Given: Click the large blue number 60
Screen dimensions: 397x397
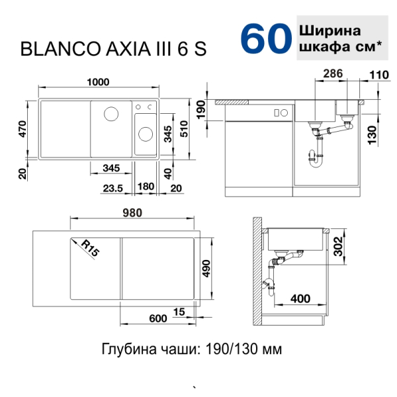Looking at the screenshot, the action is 266,38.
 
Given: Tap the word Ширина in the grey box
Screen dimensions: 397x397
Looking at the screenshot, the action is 330,31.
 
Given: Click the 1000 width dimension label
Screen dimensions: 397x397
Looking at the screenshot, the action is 98,82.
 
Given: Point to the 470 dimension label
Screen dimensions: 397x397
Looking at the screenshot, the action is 22,129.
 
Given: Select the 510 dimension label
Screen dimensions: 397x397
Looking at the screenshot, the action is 185,129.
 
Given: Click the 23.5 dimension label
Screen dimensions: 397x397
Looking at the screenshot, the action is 113,189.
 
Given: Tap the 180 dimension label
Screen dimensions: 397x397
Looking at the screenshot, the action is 146,187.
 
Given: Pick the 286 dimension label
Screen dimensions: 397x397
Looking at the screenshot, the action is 333,73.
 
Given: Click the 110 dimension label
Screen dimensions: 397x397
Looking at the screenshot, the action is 379,75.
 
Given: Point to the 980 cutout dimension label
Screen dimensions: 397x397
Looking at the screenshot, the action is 132,213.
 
